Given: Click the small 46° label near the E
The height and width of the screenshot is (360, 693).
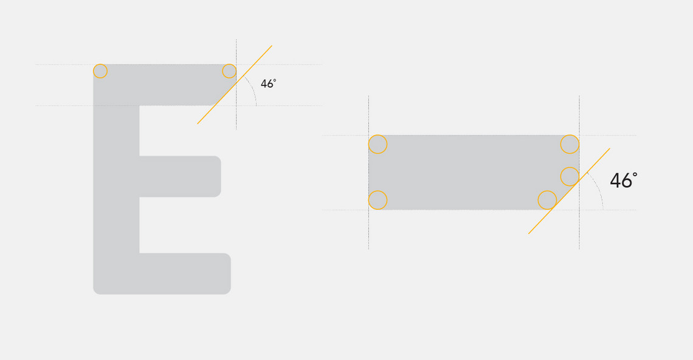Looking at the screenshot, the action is click(x=268, y=83).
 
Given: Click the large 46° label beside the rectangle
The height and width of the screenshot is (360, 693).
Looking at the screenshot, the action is click(x=624, y=181).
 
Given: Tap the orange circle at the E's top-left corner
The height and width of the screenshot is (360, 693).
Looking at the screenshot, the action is click(x=100, y=71).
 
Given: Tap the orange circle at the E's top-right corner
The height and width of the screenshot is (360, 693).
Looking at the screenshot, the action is click(x=229, y=71).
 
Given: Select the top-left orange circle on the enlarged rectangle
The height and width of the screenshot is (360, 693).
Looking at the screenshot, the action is click(x=378, y=144).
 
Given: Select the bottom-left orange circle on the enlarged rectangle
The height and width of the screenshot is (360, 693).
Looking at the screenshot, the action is click(x=378, y=200).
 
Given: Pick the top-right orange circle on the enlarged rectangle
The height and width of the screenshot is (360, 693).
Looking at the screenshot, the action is click(x=570, y=144).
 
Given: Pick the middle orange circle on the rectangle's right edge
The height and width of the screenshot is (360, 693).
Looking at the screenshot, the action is click(x=570, y=176).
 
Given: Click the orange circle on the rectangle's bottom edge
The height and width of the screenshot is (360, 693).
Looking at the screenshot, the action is click(x=547, y=200).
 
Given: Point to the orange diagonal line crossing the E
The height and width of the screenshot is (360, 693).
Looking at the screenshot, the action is click(x=235, y=85).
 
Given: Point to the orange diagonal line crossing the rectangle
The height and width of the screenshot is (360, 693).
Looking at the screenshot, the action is click(x=569, y=191).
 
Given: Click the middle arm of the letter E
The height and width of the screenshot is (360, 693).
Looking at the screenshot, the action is click(x=180, y=176).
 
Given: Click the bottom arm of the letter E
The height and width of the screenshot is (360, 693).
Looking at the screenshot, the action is click(x=185, y=273).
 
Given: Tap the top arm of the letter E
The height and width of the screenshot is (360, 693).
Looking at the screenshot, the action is click(x=164, y=85).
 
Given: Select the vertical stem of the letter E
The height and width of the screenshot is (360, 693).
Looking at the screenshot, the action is click(x=116, y=179).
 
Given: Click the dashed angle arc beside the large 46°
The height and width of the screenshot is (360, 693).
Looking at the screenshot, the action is click(x=598, y=188).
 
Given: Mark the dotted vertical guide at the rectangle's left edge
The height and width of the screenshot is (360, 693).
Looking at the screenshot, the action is click(x=368, y=173).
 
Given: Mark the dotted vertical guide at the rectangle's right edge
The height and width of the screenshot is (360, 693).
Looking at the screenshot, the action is click(x=579, y=173).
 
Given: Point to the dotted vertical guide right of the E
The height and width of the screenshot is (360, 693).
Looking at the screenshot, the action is click(x=236, y=85).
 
